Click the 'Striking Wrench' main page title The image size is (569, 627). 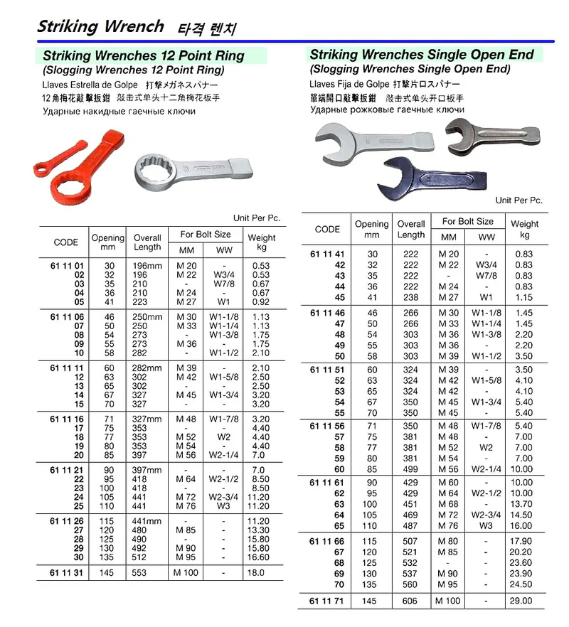click(100, 26)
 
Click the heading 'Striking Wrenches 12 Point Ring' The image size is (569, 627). click(144, 55)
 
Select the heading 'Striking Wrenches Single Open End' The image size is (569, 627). click(422, 54)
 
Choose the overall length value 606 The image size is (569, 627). click(411, 601)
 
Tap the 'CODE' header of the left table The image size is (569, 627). click(65, 242)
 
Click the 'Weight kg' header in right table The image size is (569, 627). click(525, 229)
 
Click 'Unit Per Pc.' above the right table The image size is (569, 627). click(519, 200)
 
